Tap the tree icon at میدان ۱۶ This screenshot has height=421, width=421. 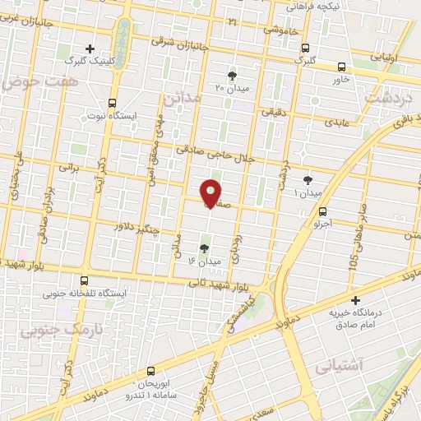click(x=204, y=247)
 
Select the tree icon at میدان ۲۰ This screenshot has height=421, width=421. click(x=231, y=75)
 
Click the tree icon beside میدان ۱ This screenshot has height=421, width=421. click(x=308, y=179)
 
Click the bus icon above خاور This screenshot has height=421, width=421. click(x=342, y=67)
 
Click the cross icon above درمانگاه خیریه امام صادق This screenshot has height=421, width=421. click(x=355, y=300)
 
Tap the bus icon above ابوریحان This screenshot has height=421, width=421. click(x=150, y=371)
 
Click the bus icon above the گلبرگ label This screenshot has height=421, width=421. click(x=304, y=48)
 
